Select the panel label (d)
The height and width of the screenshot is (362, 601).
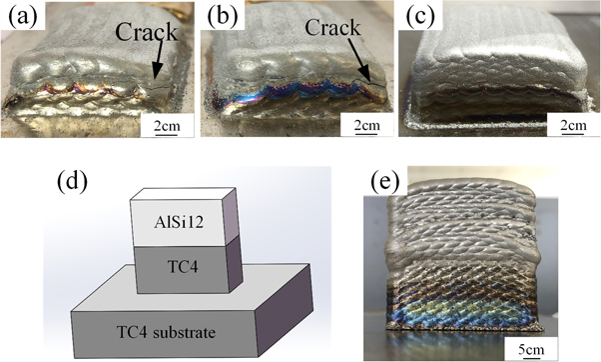coord(87,183)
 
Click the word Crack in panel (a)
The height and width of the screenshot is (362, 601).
coord(145,34)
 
